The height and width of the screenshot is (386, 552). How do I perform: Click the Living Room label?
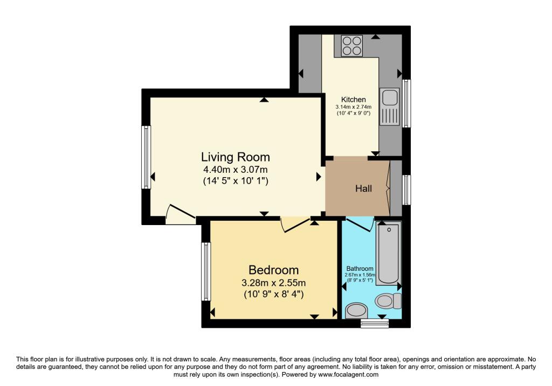point(235,157)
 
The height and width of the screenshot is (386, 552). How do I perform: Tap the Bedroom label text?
point(273,270)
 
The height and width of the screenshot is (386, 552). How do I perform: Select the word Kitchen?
point(353,100)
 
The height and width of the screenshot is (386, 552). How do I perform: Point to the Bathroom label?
point(360,269)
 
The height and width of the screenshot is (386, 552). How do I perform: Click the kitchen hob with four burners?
point(351,45)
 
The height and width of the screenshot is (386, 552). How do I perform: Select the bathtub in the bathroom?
point(388,253)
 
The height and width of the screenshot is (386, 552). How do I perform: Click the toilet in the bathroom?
point(388,300)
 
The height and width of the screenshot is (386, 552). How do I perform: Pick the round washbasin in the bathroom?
point(355,310)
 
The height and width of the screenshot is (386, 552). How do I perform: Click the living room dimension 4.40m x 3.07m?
point(235,171)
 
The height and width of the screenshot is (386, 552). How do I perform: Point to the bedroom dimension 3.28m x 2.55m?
point(273,283)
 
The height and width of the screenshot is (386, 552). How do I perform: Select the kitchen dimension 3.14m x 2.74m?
point(353,107)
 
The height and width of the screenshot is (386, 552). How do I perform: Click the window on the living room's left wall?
point(146,157)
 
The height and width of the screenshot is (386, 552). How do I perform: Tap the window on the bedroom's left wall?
point(205,271)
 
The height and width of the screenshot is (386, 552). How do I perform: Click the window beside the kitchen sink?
point(407,103)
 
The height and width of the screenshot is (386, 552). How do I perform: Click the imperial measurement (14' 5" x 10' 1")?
point(235,182)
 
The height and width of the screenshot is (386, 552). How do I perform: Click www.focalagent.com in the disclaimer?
point(349,374)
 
